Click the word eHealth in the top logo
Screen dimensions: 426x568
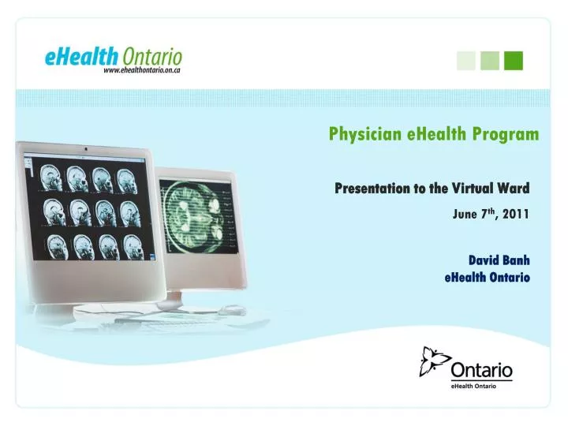pos(82,57)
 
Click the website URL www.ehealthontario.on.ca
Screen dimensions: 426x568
pos(143,71)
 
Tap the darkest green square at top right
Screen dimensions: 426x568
pos(514,60)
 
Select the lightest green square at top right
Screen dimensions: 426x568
pos(466,60)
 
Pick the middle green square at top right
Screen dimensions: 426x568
pos(490,60)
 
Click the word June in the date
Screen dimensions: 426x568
pos(467,214)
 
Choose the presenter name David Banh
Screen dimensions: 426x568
pos(499,260)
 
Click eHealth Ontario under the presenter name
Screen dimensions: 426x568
pos(487,277)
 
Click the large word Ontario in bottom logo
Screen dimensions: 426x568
pos(482,370)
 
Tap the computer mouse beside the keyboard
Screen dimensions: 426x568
pos(232,310)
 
